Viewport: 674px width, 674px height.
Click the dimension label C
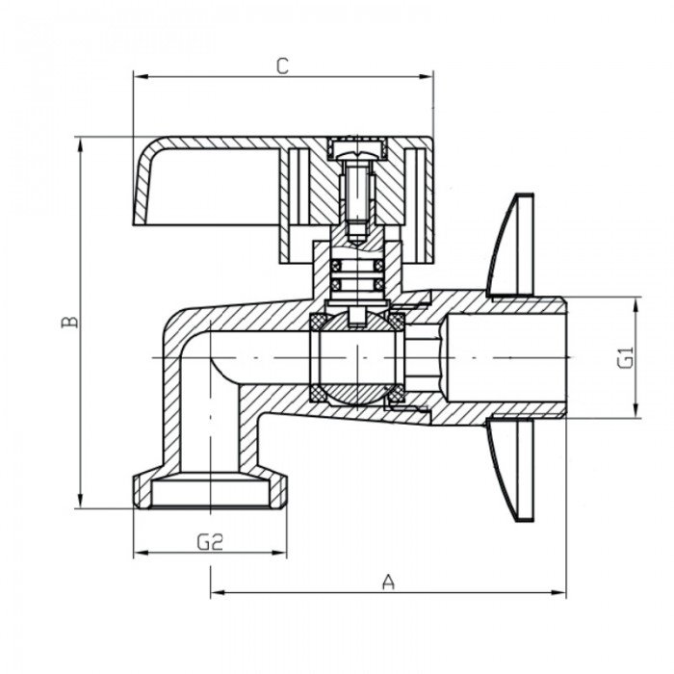pyautogui.click(x=281, y=65)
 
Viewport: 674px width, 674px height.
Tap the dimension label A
pyautogui.click(x=388, y=582)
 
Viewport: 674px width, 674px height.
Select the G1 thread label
pyautogui.click(x=625, y=357)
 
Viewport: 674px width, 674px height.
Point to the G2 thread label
pyautogui.click(x=210, y=542)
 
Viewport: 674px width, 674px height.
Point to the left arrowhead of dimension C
pyautogui.click(x=138, y=75)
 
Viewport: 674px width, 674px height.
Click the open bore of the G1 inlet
pyautogui.click(x=510, y=357)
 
